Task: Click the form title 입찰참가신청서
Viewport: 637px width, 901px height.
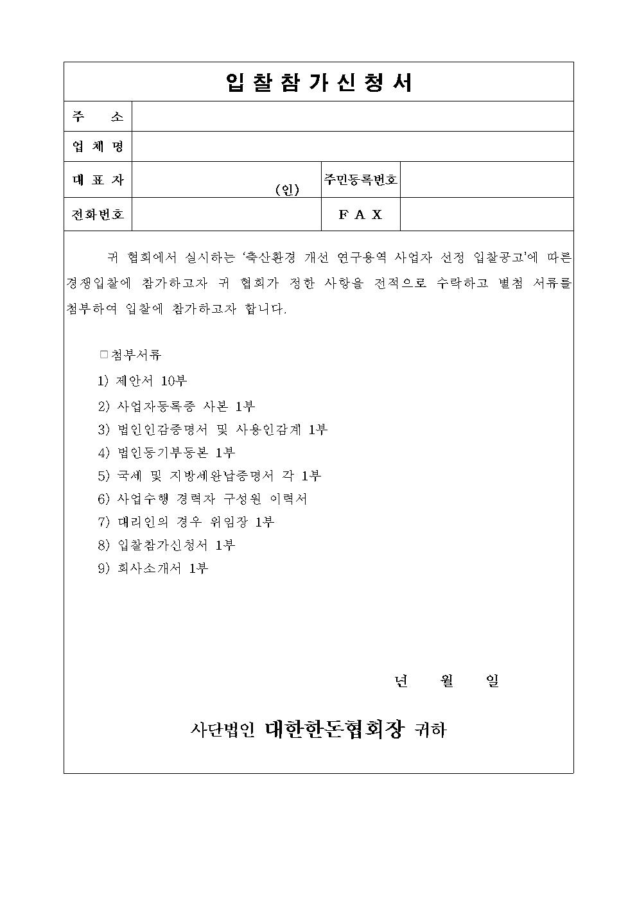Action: pos(318,82)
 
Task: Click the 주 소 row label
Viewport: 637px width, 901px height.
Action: pos(98,117)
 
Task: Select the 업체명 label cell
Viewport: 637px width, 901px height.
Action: pos(98,146)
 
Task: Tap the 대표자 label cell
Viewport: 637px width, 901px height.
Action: pos(98,180)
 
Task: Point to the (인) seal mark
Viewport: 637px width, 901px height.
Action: pos(287,190)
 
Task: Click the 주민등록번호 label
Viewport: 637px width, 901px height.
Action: pos(360,180)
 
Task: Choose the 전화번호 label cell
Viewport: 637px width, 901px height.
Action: pos(98,214)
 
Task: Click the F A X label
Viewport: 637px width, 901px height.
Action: pos(360,214)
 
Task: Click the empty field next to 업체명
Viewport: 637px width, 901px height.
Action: pos(352,146)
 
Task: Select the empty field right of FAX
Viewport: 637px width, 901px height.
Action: pos(486,214)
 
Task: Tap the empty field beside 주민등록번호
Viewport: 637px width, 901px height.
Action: pos(486,180)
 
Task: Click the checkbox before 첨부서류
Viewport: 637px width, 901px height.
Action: pos(104,354)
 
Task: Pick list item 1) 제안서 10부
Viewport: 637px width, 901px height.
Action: pos(143,381)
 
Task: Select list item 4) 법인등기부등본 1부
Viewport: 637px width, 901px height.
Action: pos(166,453)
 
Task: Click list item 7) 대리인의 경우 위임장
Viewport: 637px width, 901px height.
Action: pos(186,522)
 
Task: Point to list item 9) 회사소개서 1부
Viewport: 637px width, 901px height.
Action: pos(153,568)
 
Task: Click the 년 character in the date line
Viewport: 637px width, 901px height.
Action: pos(401,681)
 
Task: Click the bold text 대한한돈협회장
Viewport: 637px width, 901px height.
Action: pos(335,729)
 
